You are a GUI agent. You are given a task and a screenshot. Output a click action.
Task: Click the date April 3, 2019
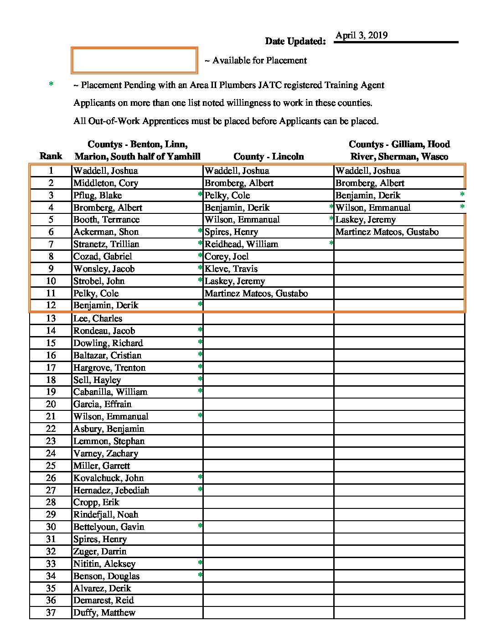362,36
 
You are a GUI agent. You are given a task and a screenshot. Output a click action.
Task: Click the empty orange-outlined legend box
134,60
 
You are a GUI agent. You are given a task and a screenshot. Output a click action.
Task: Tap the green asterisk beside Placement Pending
51,84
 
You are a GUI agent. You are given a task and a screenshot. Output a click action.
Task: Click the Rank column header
51,156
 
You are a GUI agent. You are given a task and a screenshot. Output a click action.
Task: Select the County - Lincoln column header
269,156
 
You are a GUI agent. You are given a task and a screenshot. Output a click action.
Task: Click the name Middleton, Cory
106,183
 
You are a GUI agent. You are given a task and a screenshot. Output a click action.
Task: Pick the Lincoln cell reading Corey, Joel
227,257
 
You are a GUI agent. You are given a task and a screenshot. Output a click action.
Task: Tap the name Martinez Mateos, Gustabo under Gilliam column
387,232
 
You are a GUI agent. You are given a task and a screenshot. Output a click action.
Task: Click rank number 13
51,318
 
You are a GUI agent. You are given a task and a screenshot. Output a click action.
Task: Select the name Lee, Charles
98,318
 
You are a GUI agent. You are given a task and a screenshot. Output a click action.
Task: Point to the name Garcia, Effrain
102,404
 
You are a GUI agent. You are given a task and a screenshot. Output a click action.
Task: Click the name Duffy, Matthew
104,613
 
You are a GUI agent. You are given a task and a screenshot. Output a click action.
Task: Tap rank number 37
51,613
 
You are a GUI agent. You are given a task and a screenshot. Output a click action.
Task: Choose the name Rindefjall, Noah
106,515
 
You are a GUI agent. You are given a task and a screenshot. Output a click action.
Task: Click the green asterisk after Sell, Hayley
200,379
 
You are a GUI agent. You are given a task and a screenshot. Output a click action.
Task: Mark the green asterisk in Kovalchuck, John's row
200,477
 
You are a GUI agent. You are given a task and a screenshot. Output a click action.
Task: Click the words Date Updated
295,41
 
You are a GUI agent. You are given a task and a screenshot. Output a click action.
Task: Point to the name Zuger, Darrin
100,552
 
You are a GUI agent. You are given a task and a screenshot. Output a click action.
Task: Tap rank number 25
51,466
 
